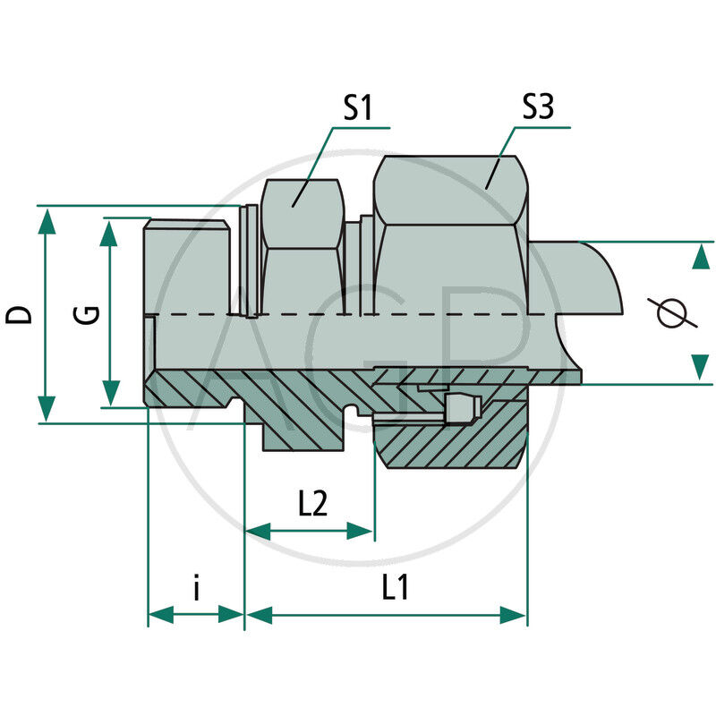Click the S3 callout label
pyautogui.click(x=537, y=108)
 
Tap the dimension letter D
pyautogui.click(x=19, y=314)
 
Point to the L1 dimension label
pyautogui.click(x=395, y=587)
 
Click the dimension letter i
pyautogui.click(x=196, y=588)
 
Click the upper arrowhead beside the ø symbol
pyautogui.click(x=698, y=258)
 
